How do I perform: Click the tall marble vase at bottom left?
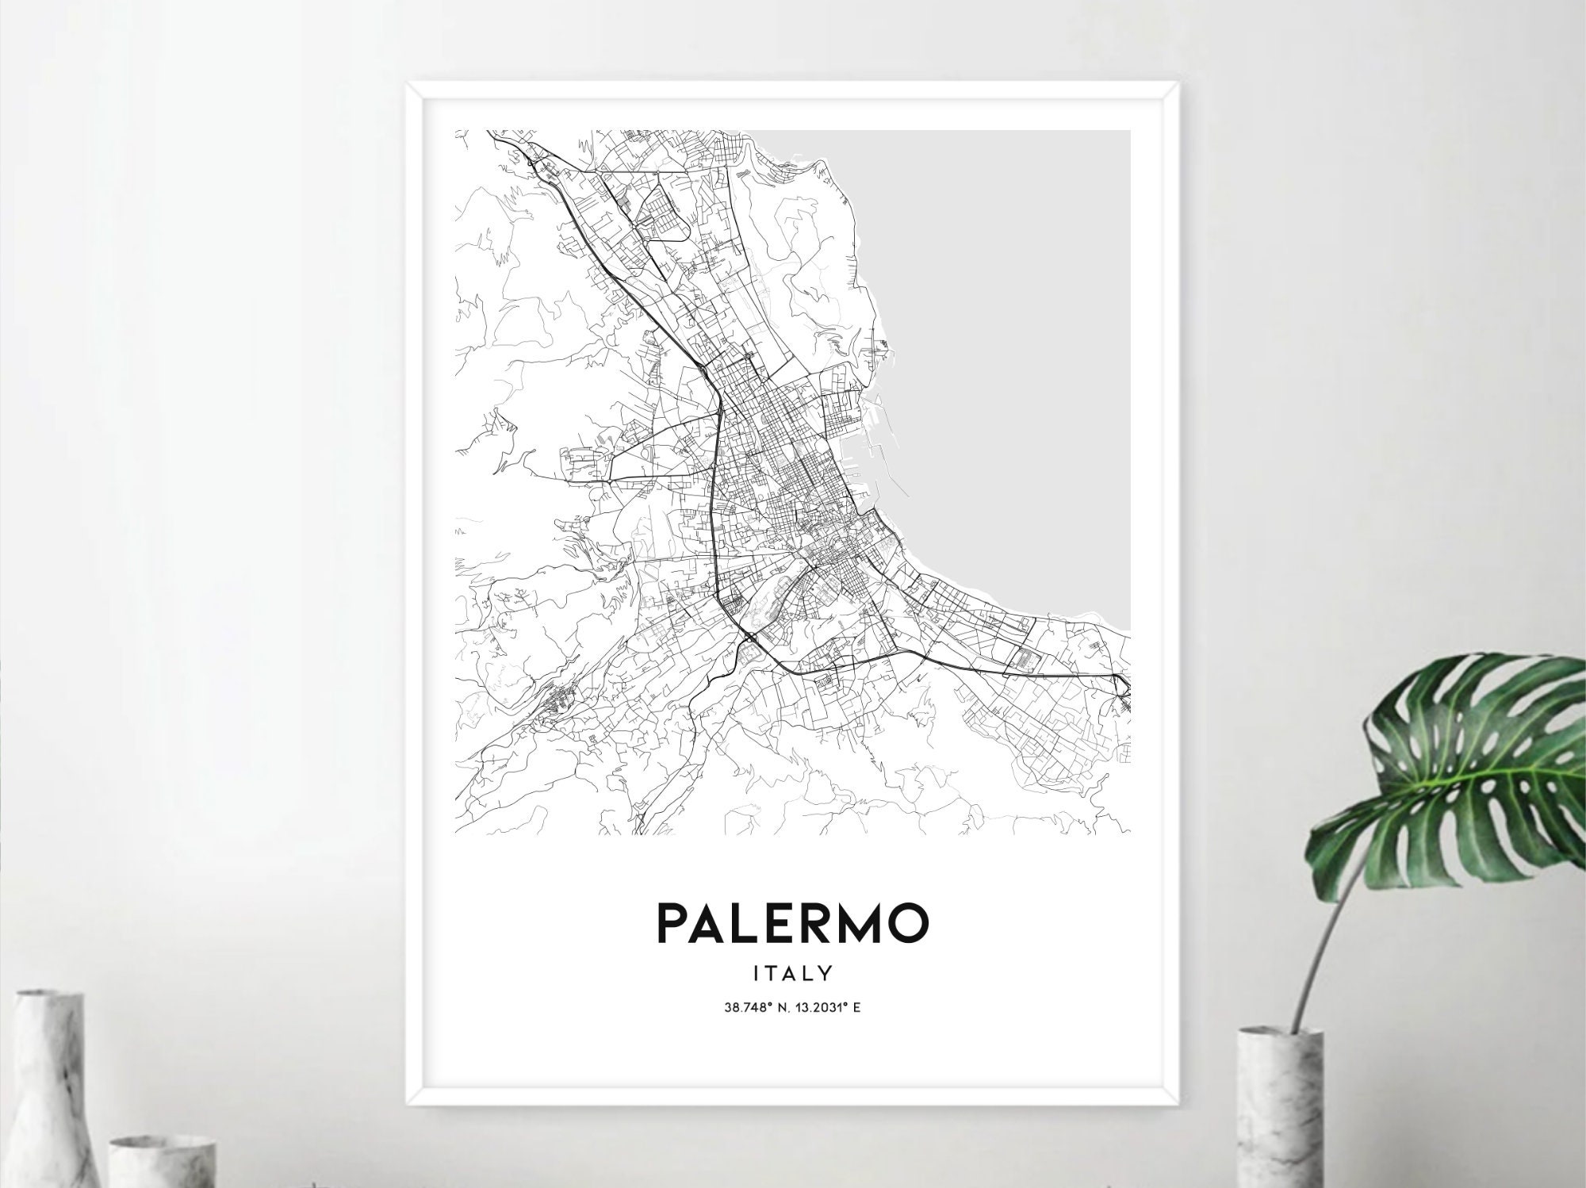point(49,1094)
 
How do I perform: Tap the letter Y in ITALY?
point(825,971)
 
